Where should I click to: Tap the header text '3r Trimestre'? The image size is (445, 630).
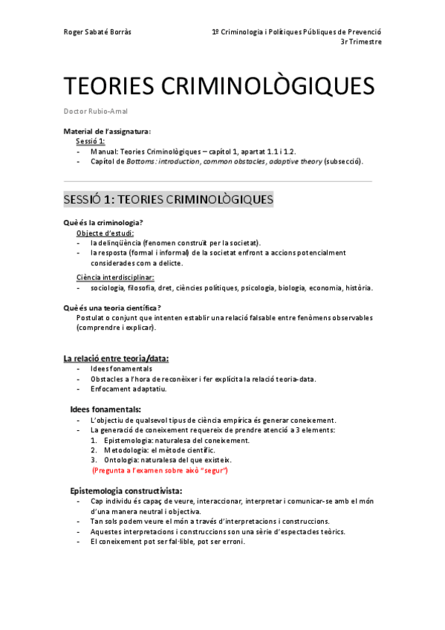pos(360,42)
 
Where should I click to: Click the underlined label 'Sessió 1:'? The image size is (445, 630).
pos(91,140)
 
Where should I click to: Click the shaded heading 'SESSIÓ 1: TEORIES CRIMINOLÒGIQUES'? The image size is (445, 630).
pos(169,200)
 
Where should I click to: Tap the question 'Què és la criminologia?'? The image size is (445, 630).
pos(104,223)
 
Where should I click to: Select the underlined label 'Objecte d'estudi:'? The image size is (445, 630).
pos(105,233)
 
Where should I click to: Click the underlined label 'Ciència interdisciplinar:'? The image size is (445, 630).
pos(115,277)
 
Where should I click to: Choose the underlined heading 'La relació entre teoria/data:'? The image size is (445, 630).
pos(116,358)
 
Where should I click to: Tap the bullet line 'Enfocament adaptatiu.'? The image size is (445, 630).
pos(128,389)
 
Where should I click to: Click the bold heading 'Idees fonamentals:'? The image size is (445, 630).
pos(105,409)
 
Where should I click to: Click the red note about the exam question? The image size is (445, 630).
pos(159,470)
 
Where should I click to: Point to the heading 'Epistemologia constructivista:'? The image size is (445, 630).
pos(126,491)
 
